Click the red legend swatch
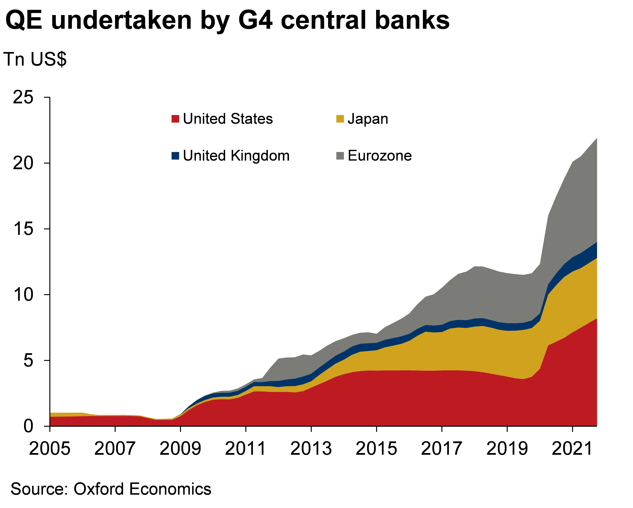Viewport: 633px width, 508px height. point(175,119)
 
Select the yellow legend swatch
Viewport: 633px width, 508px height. point(340,119)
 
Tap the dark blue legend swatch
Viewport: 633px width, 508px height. point(175,156)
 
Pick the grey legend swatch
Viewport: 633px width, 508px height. point(340,156)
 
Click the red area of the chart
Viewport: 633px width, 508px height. point(382,400)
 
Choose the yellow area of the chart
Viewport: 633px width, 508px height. point(470,350)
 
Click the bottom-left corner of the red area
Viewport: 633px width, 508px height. point(51,425)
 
